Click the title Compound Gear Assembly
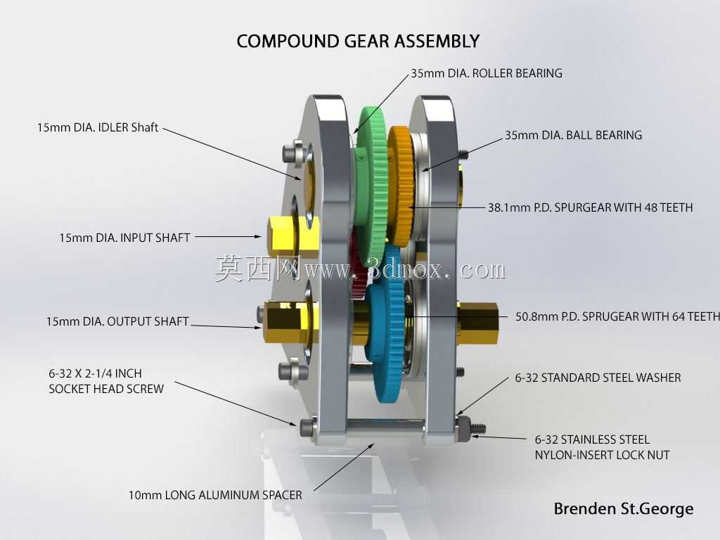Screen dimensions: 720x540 pos(358,41)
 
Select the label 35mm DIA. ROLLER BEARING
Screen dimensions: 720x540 pos(487,73)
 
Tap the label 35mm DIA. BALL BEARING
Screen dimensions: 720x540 pos(574,135)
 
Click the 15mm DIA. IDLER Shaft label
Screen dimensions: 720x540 pos(98,127)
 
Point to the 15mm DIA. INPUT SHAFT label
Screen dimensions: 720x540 pos(124,238)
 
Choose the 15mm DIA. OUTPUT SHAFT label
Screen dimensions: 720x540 pos(117,321)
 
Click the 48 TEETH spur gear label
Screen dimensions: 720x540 pos(590,207)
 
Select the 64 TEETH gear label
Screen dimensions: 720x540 pos(617,316)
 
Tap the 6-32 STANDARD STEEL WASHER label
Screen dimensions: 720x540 pos(598,378)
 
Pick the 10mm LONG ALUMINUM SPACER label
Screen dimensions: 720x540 pos(215,495)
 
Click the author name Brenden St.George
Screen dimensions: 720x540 pos(624,509)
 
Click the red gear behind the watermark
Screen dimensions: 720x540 pos(359,266)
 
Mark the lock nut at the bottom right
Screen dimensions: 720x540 pos(464,426)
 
